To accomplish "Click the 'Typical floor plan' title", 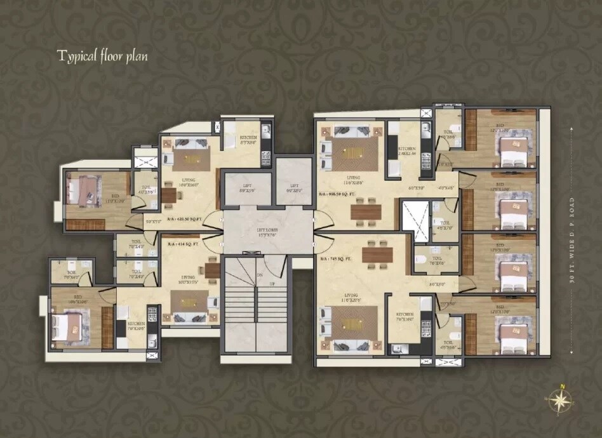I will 102,56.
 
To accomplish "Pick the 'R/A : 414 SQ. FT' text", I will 184,244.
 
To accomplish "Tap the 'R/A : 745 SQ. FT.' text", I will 337,258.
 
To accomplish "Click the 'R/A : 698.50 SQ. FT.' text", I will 340,194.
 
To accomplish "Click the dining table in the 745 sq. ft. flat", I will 377,255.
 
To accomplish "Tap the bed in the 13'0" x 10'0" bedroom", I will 83,190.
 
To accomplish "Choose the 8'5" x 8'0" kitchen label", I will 248,141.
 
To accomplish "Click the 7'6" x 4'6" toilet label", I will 437,261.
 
